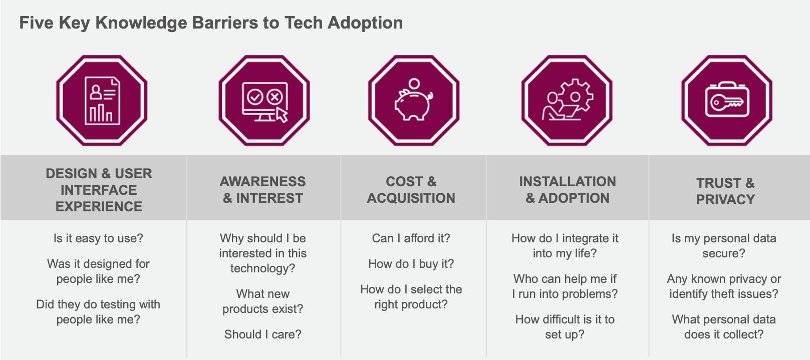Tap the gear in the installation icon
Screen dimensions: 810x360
coord(576,97)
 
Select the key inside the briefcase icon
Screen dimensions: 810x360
coord(727,103)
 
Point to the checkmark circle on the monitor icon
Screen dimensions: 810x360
coord(255,97)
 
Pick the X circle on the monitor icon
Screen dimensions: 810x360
coord(275,97)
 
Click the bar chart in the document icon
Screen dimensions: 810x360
coord(101,113)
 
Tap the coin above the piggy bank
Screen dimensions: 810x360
coord(414,84)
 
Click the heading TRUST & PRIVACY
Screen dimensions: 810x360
coord(725,191)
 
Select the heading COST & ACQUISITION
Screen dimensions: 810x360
coord(411,190)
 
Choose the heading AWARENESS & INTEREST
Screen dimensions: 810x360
coord(263,190)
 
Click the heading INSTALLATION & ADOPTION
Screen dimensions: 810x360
coord(568,190)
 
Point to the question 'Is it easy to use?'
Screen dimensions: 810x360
coord(98,238)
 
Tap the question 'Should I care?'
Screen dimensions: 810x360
coord(263,334)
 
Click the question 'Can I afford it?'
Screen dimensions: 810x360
coord(411,238)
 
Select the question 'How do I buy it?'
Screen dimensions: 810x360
coord(411,264)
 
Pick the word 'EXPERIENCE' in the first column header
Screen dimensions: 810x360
coord(99,206)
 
